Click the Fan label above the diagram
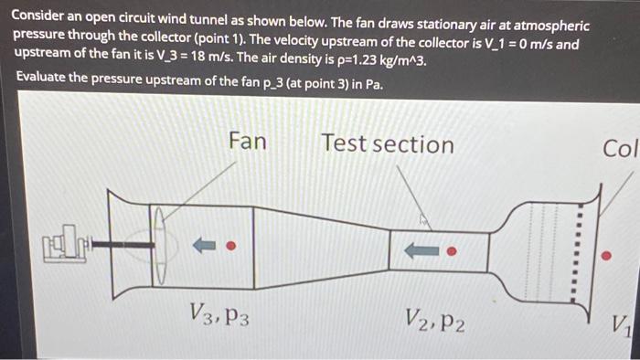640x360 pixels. point(247,141)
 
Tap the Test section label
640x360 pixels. point(387,143)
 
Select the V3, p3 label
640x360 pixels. point(219,315)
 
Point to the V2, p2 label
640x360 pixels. point(434,319)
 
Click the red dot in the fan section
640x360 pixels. point(231,245)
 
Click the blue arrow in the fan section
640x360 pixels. point(203,245)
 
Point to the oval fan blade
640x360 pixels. point(157,245)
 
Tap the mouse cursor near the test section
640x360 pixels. point(422,219)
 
